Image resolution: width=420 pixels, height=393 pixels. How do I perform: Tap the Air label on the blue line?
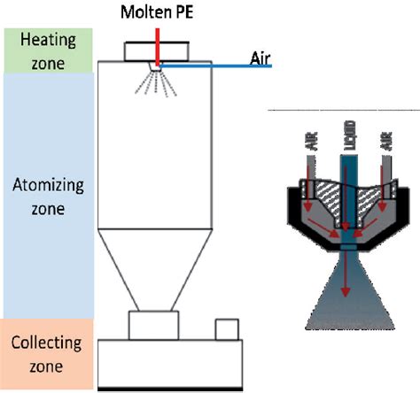257,58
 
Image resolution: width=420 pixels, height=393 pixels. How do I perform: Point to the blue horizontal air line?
213,65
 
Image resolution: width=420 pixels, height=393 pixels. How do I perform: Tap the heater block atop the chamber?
155,50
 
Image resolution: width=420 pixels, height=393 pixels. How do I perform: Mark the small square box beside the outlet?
227,328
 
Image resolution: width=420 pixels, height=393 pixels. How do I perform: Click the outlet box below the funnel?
156,324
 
